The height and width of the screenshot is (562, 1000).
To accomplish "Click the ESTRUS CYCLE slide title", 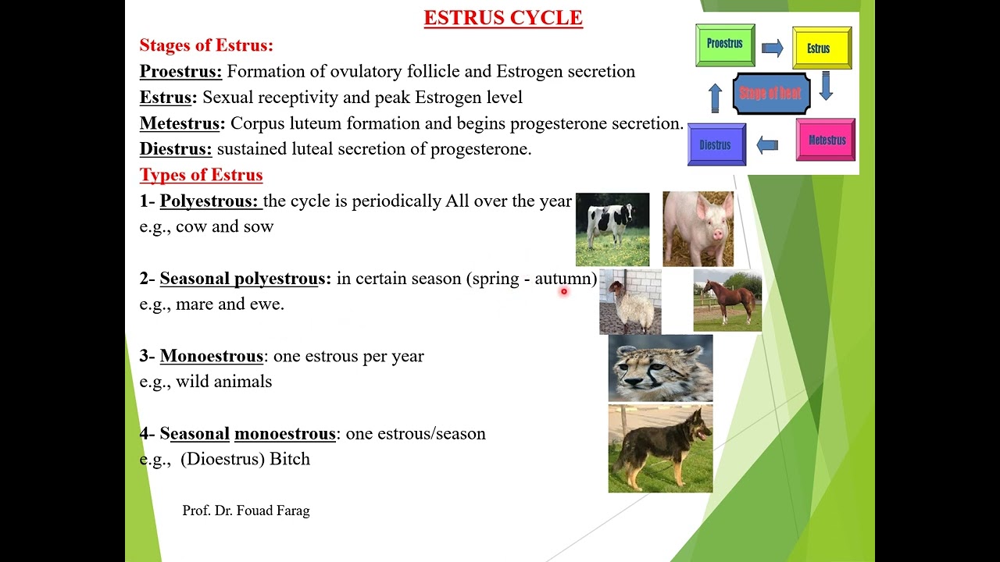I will coord(503,18).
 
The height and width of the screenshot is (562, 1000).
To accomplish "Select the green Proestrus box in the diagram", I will coord(725,44).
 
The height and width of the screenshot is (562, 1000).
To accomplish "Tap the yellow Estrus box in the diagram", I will coord(821,48).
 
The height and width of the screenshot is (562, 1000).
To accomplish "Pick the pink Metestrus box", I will coord(826,140).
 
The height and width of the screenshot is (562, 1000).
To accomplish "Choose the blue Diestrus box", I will coord(716,145).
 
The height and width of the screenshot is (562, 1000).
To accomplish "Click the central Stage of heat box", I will coord(770,94).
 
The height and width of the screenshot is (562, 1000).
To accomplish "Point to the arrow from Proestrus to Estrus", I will coord(772,48).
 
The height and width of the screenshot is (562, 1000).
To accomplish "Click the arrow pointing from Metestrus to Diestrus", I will coord(767,145).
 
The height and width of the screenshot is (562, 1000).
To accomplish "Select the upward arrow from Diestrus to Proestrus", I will coord(715,98).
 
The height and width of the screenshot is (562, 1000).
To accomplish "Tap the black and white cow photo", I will coord(612,229).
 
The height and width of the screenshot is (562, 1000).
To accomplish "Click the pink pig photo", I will coord(698,229).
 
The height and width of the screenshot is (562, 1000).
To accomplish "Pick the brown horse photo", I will coord(727,301).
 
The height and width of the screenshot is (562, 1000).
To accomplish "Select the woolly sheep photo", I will coord(630,302).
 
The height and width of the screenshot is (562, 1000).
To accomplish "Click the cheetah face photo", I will coord(660,368).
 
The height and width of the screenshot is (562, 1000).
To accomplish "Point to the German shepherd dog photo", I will coord(660,449).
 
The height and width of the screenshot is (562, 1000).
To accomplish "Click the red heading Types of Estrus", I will coord(201,175).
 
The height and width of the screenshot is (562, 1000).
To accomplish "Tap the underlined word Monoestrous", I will coord(211,356).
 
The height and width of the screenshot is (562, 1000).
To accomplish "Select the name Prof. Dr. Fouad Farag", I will coord(246,510).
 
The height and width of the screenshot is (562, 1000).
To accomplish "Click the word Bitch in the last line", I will coord(290,459).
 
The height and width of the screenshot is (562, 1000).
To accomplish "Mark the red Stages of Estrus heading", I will coord(206,45).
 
